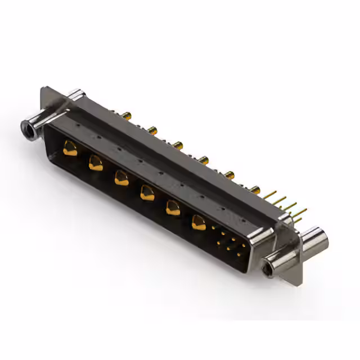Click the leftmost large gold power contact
[70, 149]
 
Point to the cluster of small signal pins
[227, 243]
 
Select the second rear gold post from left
[152, 130]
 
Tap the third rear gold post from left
[178, 146]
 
